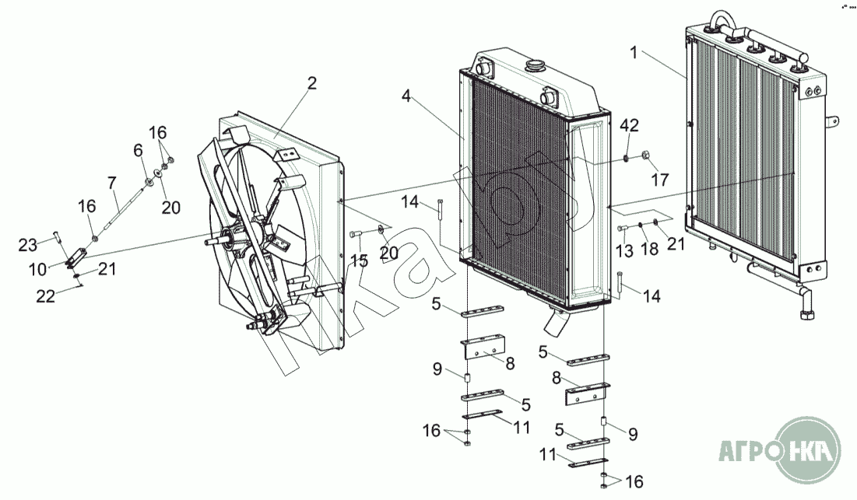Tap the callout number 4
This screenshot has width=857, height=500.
pyautogui.click(x=406, y=96)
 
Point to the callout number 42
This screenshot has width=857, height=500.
pyautogui.click(x=629, y=126)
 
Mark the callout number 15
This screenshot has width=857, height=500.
pyautogui.click(x=359, y=261)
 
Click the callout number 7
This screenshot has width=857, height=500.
pyautogui.click(x=112, y=184)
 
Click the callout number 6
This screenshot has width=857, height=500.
pyautogui.click(x=139, y=149)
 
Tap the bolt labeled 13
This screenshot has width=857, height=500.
pyautogui.click(x=623, y=229)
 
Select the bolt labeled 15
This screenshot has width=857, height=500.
pyautogui.click(x=356, y=234)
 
